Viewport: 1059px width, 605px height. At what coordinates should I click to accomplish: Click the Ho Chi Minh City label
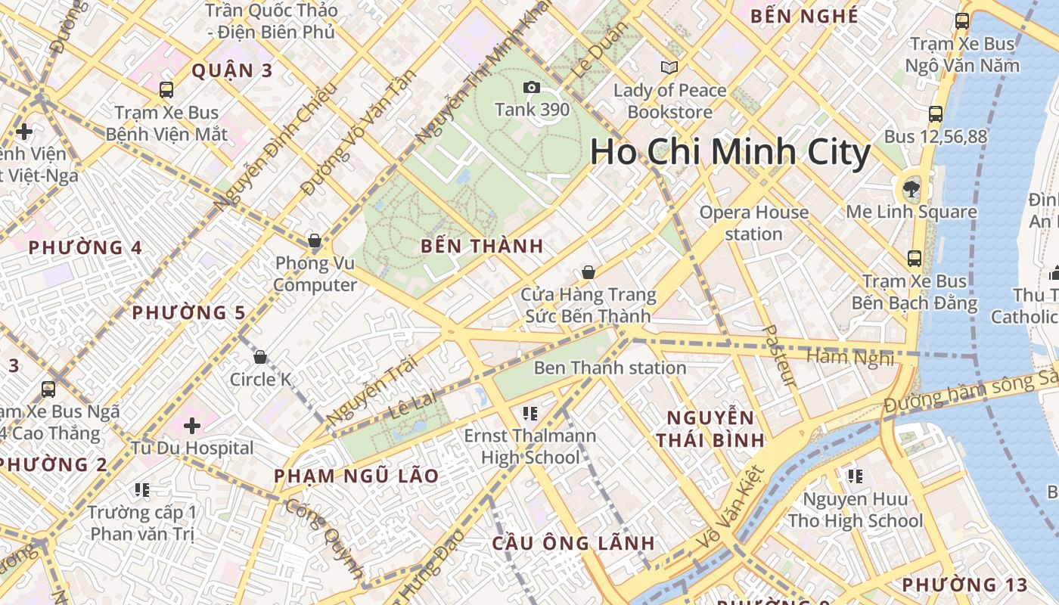coord(730,152)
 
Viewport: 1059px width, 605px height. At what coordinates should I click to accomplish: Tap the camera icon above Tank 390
coord(532,88)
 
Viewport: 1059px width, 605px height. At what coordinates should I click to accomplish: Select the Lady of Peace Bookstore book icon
coord(669,68)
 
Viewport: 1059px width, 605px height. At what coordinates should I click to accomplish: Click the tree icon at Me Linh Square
coord(911,188)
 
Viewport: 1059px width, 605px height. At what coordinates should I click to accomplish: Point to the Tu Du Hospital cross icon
coord(192,425)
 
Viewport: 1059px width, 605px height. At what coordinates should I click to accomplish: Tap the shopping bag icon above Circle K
coord(260,357)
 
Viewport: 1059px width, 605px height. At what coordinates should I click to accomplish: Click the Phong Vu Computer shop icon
coord(315,241)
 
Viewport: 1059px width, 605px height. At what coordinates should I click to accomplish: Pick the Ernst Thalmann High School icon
coord(529,413)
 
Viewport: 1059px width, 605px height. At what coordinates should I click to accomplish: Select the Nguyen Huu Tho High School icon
coord(855,476)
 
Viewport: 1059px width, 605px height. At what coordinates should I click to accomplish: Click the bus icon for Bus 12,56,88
coord(936,114)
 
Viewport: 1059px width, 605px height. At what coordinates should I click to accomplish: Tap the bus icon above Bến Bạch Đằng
coord(915,259)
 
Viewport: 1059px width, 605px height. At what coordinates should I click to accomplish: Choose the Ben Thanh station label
coord(610,368)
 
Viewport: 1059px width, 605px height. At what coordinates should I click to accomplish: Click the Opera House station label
coord(753,223)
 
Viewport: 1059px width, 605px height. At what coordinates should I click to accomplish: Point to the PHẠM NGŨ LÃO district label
coord(356,476)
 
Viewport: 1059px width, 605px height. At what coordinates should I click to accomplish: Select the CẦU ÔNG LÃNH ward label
coord(573,543)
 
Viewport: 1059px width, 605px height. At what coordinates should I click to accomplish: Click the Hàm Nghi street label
coord(850,357)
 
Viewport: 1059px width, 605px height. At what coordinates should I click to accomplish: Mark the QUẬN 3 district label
coord(231,71)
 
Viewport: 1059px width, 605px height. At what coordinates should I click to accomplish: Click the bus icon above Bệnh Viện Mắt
coord(166,90)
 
